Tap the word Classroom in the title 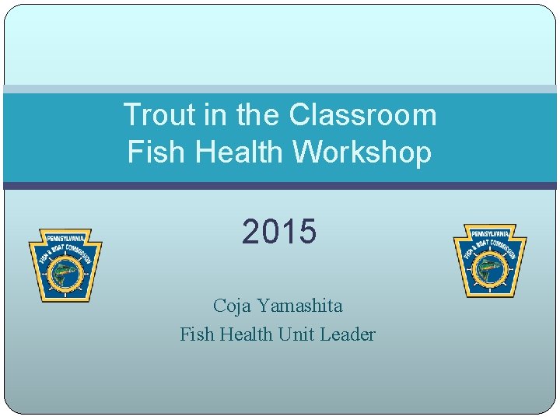pyautogui.click(x=362, y=115)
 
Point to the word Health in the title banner pyautogui.click(x=236, y=152)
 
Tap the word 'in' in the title pyautogui.click(x=213, y=115)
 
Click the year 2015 pyautogui.click(x=279, y=232)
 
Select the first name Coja pyautogui.click(x=231, y=306)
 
